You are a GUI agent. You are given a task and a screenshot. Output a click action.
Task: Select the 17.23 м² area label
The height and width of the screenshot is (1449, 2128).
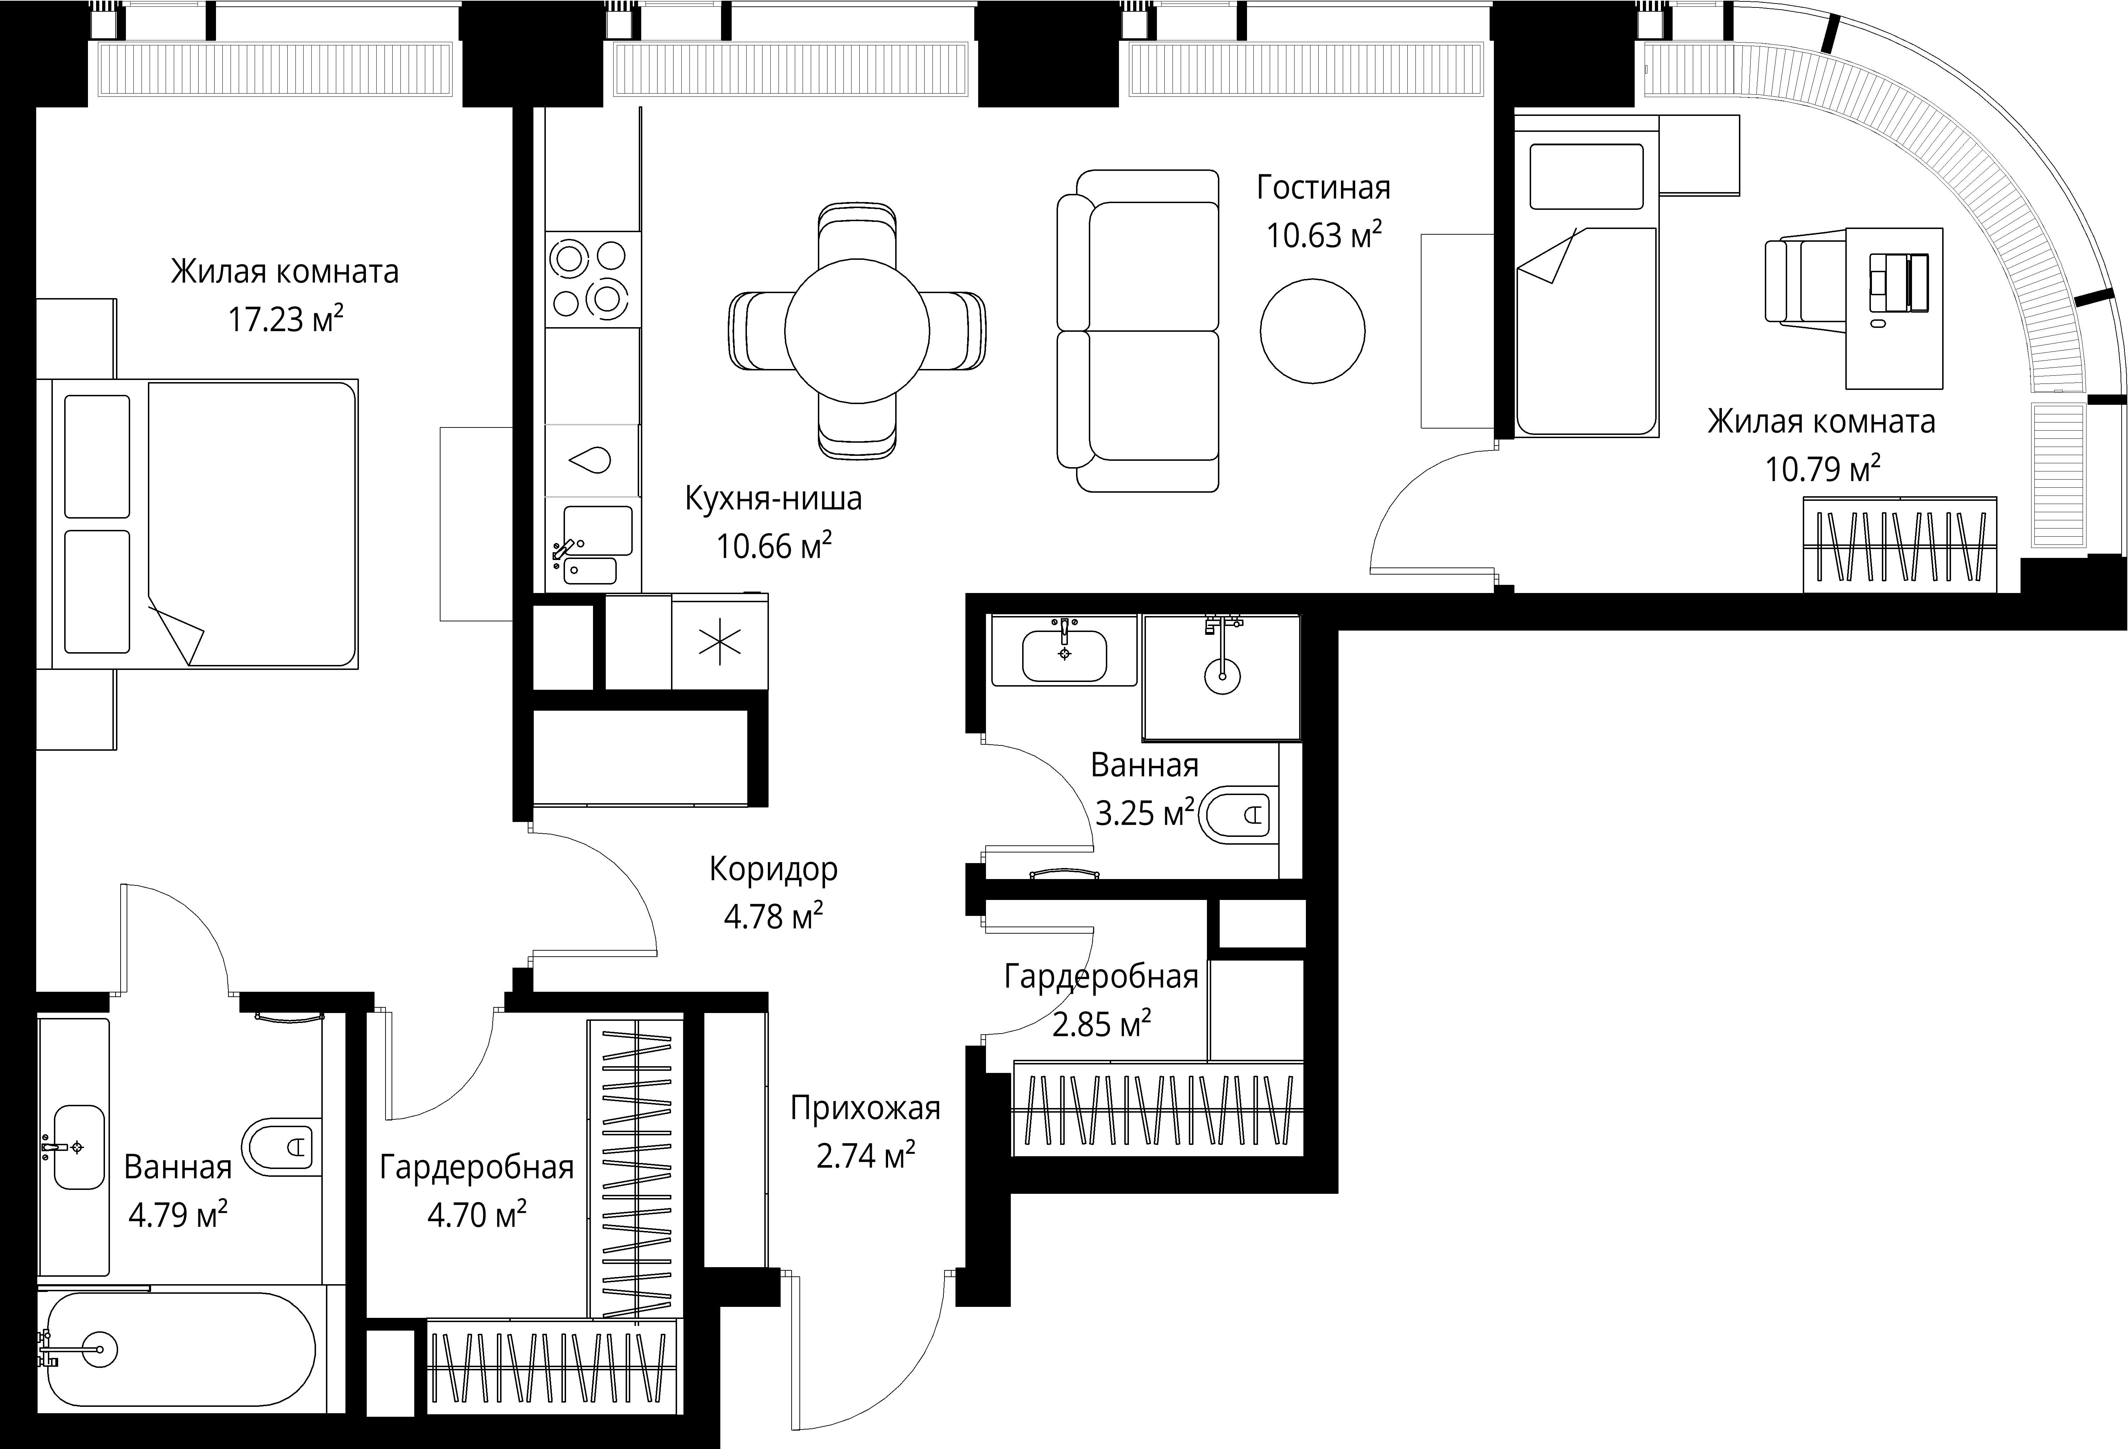click(x=286, y=319)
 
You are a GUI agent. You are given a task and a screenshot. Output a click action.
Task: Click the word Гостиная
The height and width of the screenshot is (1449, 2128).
click(x=1323, y=188)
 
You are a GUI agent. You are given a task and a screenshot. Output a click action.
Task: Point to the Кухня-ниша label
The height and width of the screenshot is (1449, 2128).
click(x=774, y=499)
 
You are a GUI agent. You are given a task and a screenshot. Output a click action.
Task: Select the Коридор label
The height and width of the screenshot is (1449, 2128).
click(x=774, y=869)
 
